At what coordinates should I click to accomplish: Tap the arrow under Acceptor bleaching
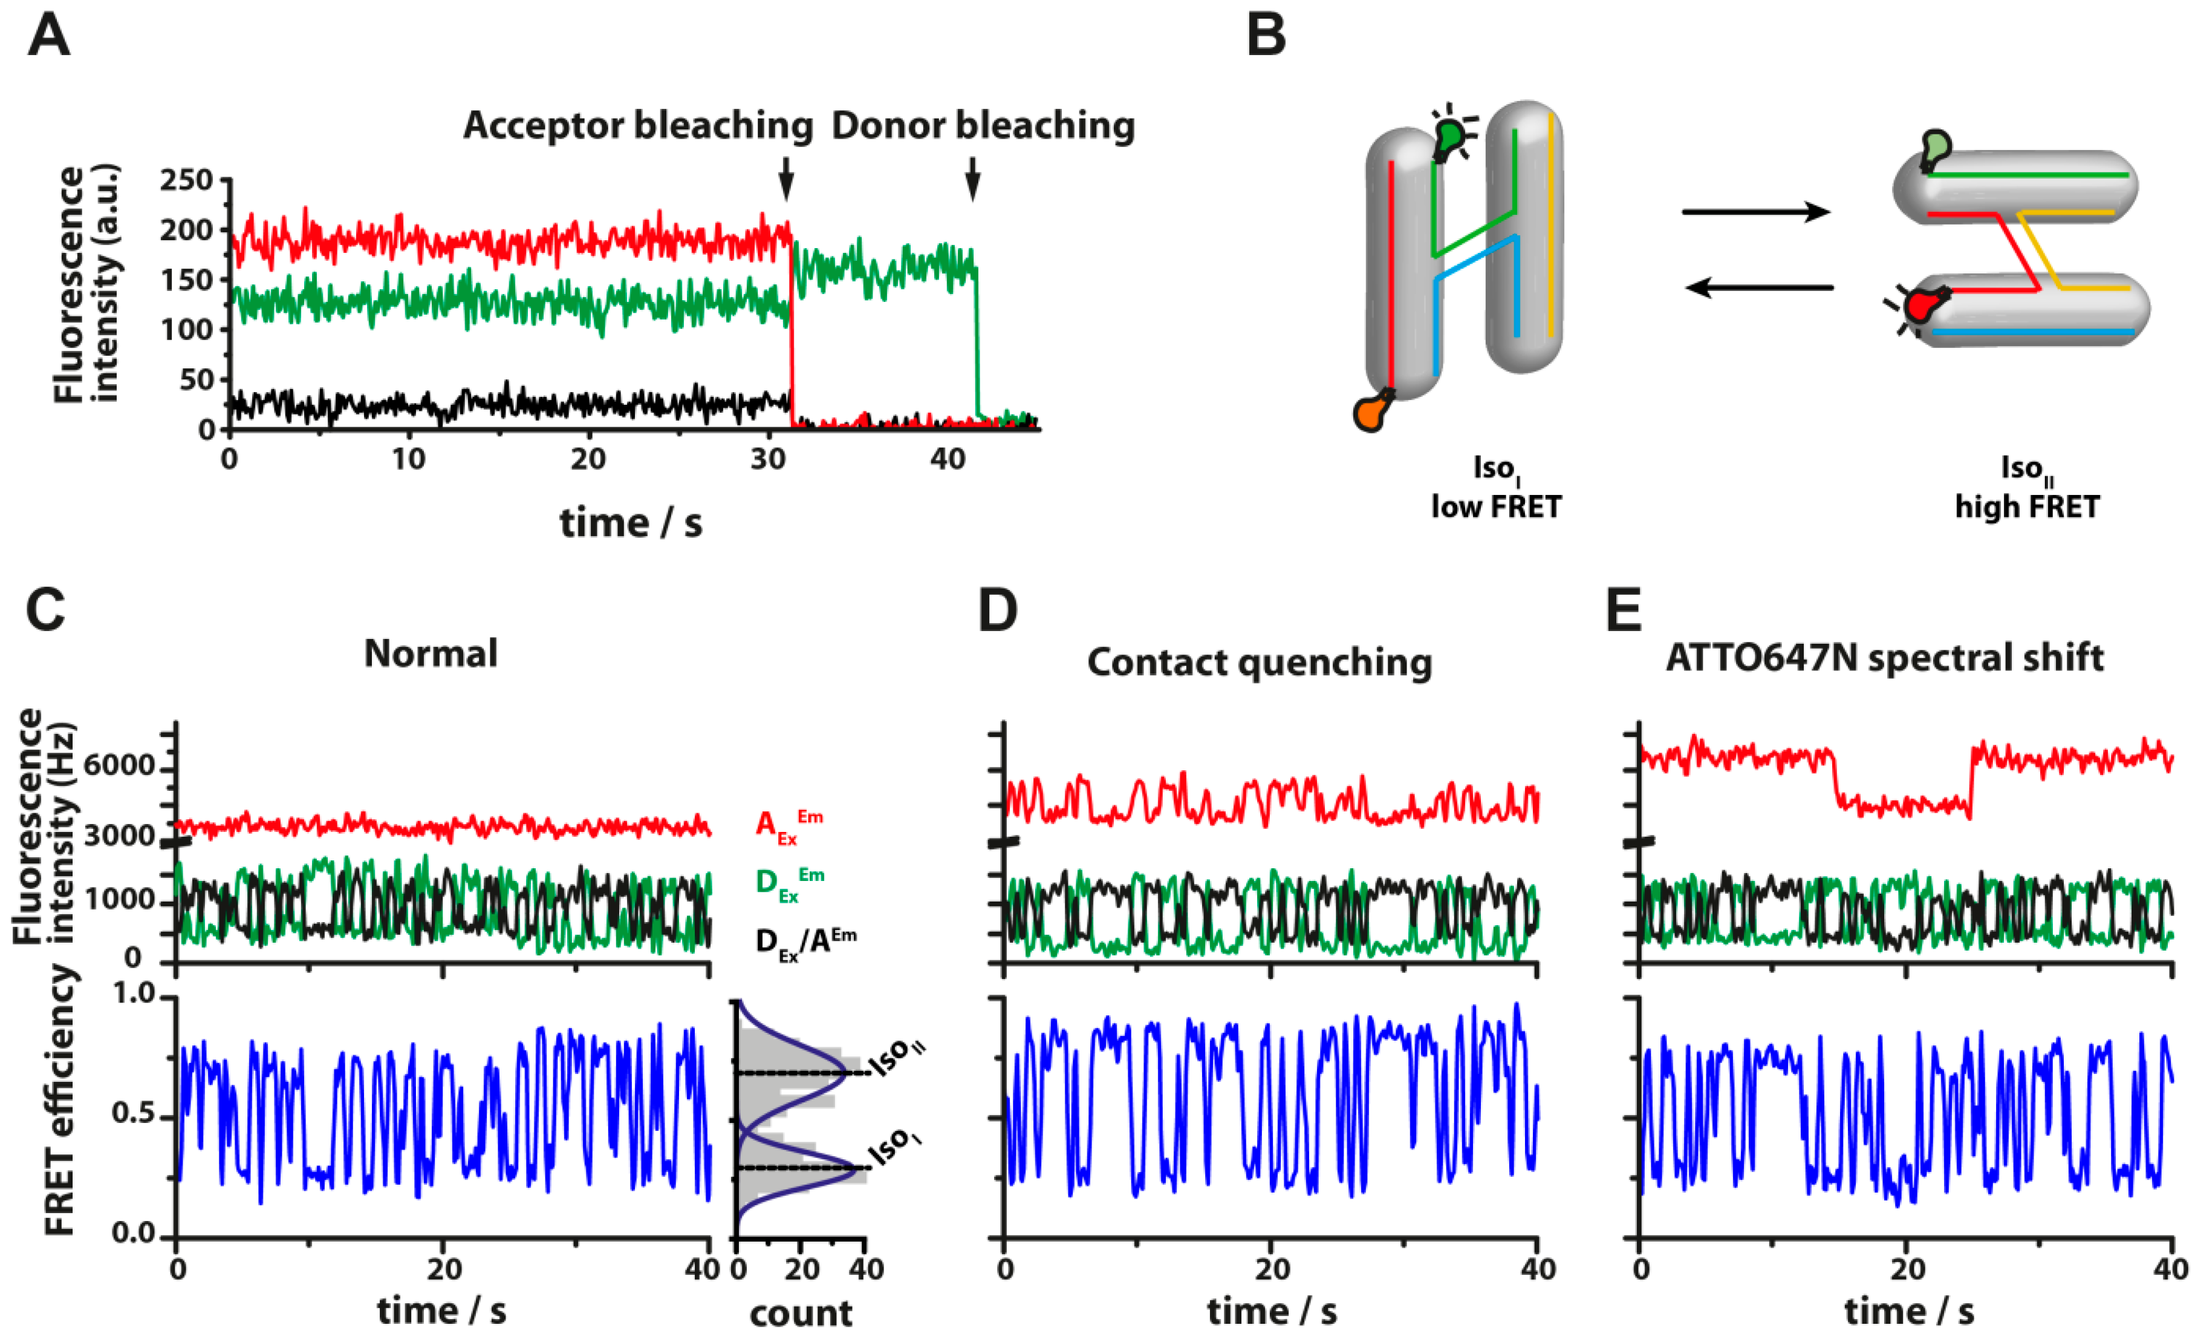point(785,179)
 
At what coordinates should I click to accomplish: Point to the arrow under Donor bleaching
point(973,179)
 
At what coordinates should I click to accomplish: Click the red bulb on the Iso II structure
point(1922,305)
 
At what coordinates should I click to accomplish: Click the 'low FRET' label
point(1496,507)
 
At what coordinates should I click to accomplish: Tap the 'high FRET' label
point(2027,507)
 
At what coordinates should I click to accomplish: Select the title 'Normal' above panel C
point(431,653)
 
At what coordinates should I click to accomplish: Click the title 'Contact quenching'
point(1260,662)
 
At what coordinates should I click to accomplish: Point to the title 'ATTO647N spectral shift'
point(1884,658)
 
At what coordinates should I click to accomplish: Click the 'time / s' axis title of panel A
point(631,523)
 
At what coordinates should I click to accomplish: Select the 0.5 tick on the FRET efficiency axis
point(134,1116)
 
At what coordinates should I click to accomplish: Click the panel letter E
point(1623,610)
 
